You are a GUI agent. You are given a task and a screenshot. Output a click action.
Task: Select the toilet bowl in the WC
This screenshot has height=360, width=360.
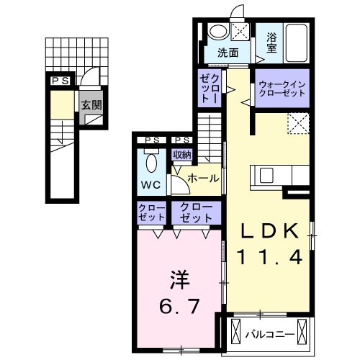point(150,162)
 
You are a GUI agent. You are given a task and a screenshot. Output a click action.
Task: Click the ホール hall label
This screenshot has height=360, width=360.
point(203,177)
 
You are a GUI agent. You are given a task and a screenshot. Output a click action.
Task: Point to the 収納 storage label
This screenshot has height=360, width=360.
point(181,154)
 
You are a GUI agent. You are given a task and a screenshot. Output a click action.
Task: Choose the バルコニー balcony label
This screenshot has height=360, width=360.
point(267,334)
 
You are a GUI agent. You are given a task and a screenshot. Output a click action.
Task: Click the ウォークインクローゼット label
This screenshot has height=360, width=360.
point(282,89)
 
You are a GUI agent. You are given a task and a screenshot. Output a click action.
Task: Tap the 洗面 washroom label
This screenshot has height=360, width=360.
point(229,52)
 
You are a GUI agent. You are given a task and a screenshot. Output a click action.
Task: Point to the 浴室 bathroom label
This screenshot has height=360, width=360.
point(271,42)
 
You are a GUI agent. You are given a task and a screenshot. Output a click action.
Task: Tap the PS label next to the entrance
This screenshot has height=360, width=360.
point(60,81)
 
